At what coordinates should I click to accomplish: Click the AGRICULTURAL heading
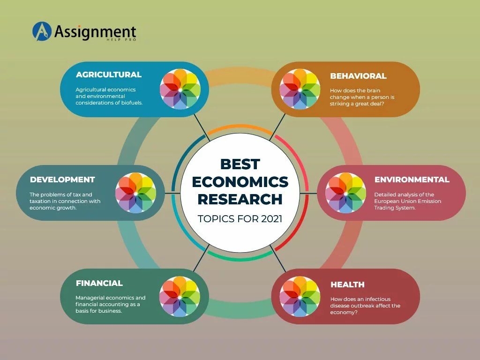coord(108,75)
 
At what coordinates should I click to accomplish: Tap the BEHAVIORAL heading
coord(358,76)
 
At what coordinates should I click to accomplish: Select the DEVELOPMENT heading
coord(62,180)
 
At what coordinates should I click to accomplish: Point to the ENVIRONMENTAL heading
coord(412,180)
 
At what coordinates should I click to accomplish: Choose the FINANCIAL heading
coord(99,283)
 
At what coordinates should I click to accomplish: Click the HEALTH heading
coord(347,285)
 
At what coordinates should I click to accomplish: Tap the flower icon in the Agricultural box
coord(180,89)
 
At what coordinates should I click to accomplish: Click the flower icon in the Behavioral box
coord(300,89)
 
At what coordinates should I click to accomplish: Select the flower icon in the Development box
coord(135,193)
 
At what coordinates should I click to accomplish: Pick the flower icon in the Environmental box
coord(345,193)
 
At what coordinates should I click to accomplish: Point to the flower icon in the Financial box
coord(180,296)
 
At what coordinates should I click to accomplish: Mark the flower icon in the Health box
coord(300,296)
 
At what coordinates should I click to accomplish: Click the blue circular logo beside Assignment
coord(41,31)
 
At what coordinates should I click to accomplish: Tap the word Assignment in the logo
coord(95,32)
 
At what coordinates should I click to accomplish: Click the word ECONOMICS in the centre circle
coord(240,181)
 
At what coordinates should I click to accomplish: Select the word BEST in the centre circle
coord(240,164)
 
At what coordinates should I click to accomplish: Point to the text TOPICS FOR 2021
coord(240,219)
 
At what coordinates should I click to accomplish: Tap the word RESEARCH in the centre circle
coord(240,199)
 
